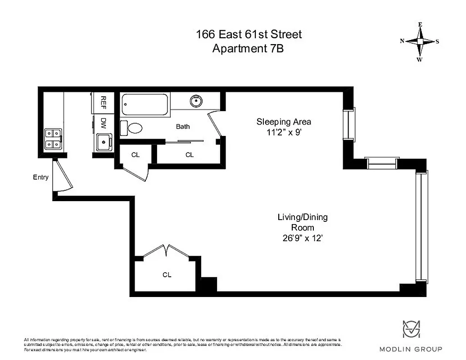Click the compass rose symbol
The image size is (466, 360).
click(420, 41)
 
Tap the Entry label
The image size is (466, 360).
click(41, 177)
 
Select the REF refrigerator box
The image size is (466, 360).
click(103, 103)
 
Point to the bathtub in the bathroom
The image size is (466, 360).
click(145, 104)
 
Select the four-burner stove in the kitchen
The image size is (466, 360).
click(53, 139)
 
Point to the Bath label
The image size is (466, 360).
click(183, 126)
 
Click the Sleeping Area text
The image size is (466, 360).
click(284, 121)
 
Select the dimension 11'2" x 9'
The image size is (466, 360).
click(284, 133)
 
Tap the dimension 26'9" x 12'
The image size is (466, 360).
click(302, 238)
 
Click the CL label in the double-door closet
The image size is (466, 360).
click(167, 274)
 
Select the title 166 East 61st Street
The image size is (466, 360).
click(249, 34)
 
